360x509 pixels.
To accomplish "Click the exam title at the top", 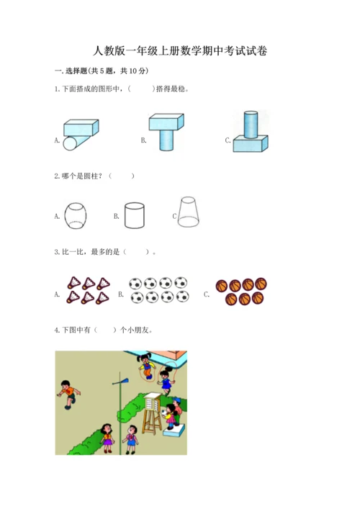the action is tap(180, 51).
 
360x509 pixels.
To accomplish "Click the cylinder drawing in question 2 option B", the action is tap(135, 215).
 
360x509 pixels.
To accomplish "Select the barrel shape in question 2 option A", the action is tap(76, 216).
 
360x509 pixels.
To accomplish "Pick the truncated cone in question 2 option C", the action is tap(188, 212).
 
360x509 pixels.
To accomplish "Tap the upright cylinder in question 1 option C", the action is tap(251, 125).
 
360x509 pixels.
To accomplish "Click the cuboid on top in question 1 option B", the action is tap(166, 122).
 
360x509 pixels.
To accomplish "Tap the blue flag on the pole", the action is tap(125, 380).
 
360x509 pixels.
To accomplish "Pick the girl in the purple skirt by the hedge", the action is tap(107, 438).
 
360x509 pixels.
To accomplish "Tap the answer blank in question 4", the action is tap(105, 330).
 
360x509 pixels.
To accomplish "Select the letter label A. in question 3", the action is tap(57, 294).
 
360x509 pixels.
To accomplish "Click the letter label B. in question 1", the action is tap(143, 140).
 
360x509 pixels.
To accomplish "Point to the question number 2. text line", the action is tap(94, 176).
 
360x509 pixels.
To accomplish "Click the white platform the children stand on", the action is tap(174, 430).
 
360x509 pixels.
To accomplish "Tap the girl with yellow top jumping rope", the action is tap(146, 366).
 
